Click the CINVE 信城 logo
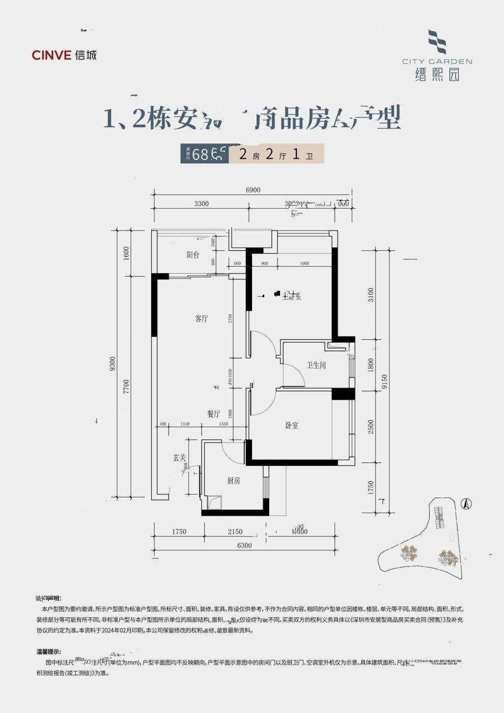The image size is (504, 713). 64,55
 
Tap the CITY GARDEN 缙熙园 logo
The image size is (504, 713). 437,56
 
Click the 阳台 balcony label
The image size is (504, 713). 193,255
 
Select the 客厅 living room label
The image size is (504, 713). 202,319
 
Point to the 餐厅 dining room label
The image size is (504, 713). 214,414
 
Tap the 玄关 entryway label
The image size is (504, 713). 179,458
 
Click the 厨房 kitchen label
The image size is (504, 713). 234,480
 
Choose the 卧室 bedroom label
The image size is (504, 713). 292,425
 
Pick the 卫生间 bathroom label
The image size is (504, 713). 316,365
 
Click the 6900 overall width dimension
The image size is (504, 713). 253,190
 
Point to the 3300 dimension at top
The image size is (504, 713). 201,204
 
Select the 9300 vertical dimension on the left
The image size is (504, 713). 113,364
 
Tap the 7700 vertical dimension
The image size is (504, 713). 127,387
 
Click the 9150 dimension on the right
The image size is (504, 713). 385,382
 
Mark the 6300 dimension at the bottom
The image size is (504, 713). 244,545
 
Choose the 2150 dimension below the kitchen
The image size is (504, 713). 235,532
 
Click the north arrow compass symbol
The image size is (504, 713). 465,504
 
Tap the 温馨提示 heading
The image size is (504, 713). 48,651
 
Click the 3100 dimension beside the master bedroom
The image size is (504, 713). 371,295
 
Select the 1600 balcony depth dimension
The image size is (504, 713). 127,253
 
